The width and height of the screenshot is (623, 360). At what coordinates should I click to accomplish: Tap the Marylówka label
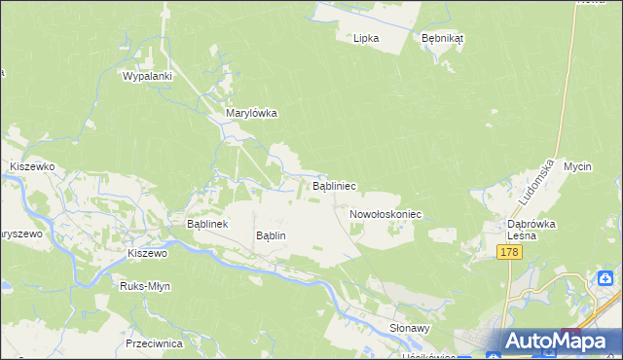(252, 113)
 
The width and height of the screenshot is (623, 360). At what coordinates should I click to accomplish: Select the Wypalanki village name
(147, 76)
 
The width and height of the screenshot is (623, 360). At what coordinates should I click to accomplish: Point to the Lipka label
(365, 38)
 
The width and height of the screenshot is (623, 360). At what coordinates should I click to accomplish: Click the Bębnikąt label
(443, 38)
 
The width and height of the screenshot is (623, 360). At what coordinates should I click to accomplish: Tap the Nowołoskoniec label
(385, 212)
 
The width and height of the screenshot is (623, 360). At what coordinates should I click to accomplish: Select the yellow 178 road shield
(509, 252)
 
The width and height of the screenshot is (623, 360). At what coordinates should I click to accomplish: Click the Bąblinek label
(206, 223)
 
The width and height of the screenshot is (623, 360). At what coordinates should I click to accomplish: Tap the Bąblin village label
(270, 235)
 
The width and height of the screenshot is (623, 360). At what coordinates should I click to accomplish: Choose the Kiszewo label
(148, 253)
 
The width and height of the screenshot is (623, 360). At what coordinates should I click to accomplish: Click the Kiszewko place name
(31, 167)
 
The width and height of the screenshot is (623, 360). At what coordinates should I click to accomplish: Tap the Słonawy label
(410, 329)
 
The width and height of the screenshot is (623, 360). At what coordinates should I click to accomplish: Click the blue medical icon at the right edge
(606, 279)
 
